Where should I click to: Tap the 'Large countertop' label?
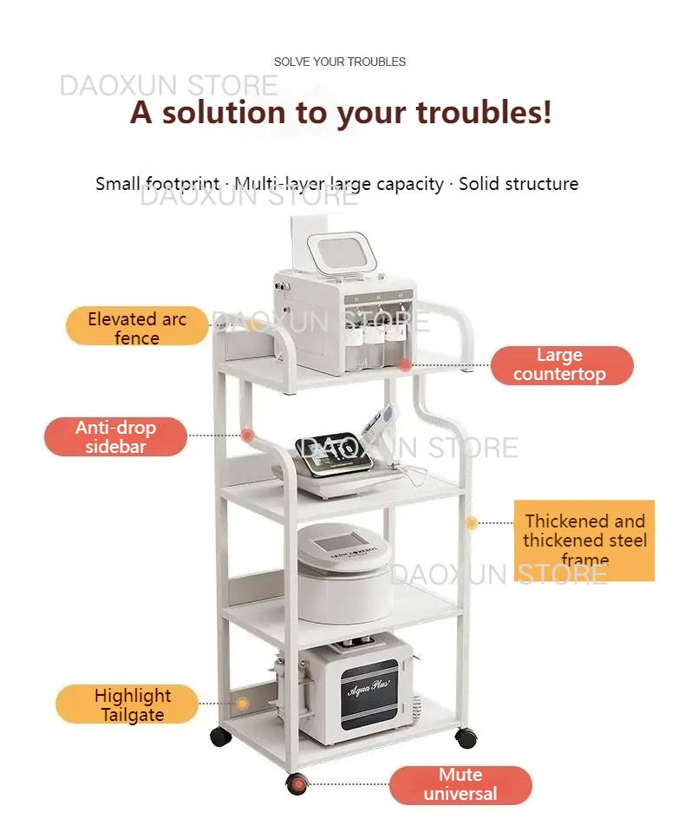[x=562, y=365]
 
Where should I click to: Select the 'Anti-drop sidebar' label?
[x=115, y=436]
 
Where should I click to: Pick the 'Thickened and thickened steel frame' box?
[x=584, y=541]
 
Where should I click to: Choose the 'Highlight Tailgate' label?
[x=127, y=704]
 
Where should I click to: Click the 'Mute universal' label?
[x=460, y=785]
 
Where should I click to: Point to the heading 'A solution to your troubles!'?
[x=341, y=112]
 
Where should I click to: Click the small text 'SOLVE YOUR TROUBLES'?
[x=340, y=62]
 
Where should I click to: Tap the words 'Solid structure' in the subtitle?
[x=519, y=184]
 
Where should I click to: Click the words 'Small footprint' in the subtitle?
[x=157, y=184]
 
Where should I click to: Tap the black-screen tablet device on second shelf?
[x=334, y=454]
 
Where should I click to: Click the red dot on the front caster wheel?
[x=298, y=784]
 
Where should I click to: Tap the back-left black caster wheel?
[x=221, y=736]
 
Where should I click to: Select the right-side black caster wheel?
[x=466, y=737]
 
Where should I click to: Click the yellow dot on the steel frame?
[x=472, y=522]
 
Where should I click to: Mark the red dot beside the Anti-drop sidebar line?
[x=247, y=435]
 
